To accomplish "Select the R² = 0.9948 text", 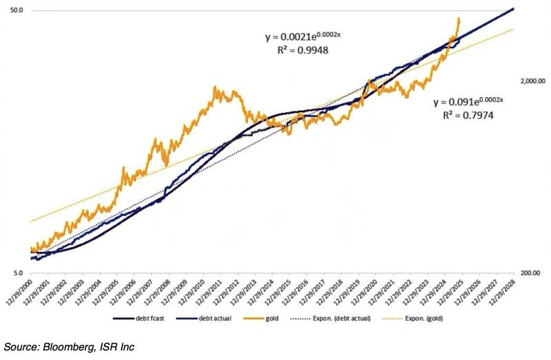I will point(289,49).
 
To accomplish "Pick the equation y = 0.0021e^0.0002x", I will point(289,34).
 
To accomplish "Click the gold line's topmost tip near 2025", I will point(459,19).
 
